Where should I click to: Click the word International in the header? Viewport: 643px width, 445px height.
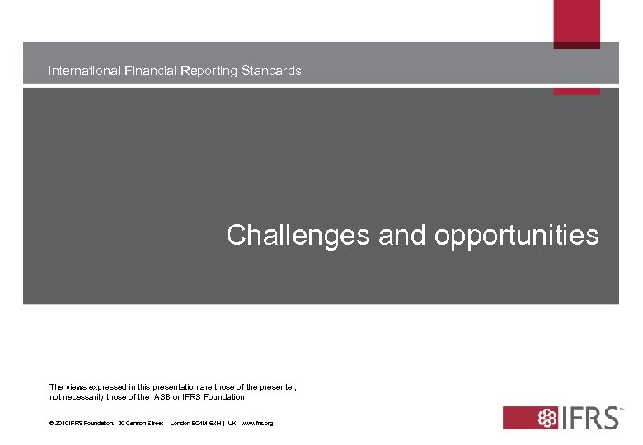[84, 71]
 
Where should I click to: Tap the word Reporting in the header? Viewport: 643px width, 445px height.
[210, 71]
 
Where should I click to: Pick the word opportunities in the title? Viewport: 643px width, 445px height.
[516, 236]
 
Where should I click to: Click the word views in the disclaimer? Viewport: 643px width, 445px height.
[75, 386]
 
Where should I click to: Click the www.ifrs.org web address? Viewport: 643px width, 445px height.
[256, 424]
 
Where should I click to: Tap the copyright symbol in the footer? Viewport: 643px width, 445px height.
[52, 424]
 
